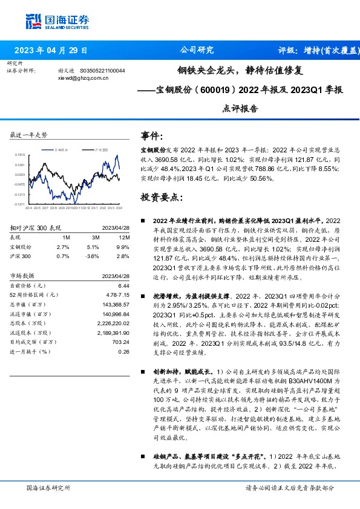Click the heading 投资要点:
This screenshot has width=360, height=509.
point(161,198)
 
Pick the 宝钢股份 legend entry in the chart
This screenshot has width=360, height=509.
point(64,148)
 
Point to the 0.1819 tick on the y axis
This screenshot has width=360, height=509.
point(20,155)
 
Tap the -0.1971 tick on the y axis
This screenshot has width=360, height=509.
point(20,204)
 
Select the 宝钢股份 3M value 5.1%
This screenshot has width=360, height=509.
point(93,247)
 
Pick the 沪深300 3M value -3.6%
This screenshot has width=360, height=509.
point(93,256)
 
